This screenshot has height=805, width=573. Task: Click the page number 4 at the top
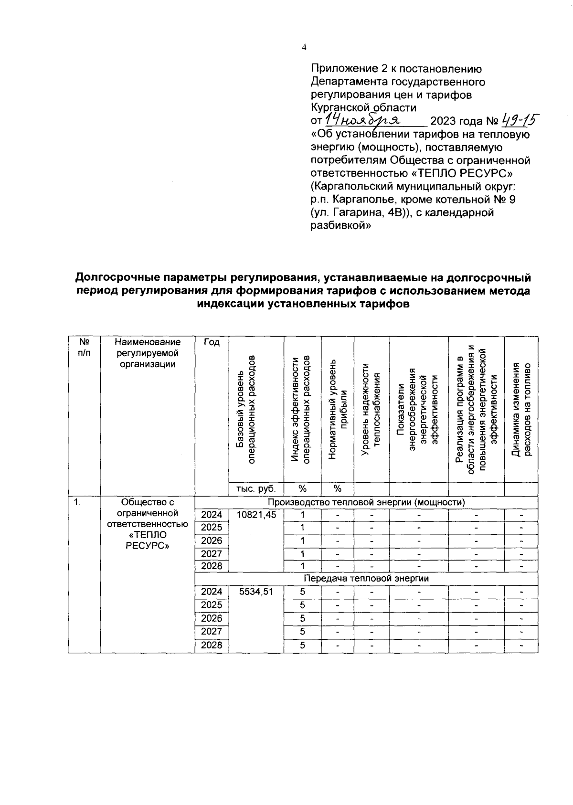[304, 47]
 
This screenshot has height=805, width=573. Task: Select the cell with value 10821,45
[256, 515]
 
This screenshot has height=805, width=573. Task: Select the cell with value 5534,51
[256, 592]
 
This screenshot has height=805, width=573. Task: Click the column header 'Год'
[212, 342]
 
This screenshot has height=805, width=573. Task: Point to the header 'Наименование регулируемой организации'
[148, 353]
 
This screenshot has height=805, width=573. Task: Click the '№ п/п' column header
[84, 347]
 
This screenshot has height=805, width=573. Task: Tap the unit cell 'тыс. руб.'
[256, 489]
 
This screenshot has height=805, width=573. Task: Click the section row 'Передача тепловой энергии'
[366, 578]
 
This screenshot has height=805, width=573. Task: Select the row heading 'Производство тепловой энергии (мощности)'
[366, 502]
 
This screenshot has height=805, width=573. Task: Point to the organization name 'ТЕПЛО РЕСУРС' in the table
[148, 540]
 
